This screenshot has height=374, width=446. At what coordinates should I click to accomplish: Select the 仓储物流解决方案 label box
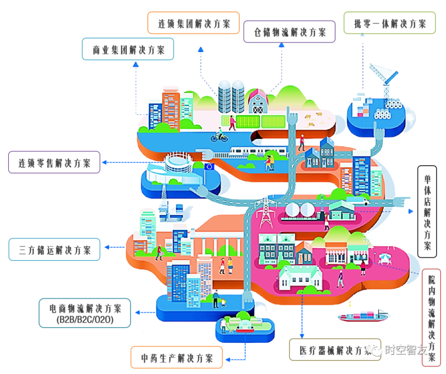289,32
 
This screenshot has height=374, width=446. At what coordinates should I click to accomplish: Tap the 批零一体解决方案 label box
390,23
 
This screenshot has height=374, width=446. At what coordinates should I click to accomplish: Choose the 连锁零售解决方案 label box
54,162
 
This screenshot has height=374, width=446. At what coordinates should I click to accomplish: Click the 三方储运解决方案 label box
55,249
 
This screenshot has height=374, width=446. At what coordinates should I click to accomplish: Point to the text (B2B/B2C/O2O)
85,320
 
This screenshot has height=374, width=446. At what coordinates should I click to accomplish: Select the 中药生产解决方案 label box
177,357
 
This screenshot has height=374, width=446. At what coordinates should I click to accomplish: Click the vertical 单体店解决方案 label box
427,212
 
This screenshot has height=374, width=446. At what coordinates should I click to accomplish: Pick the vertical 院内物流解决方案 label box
431,317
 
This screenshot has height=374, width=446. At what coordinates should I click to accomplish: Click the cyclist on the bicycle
219,136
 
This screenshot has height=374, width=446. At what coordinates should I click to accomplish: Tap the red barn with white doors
258,102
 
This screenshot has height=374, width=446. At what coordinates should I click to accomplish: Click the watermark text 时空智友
406,351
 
